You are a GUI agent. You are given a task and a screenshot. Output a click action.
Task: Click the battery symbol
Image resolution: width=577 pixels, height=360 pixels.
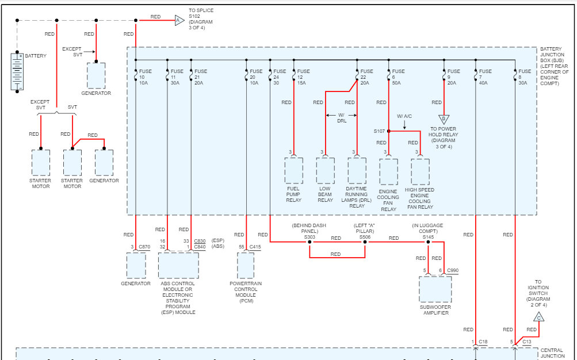coord(17,72)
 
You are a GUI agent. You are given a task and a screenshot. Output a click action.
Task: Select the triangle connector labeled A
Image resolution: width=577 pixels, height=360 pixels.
coord(178,21)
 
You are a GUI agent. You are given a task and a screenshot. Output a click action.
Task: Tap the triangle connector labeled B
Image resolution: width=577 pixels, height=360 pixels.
coord(444,120)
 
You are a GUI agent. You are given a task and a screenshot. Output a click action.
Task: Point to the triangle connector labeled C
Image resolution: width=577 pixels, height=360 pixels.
coord(539,317)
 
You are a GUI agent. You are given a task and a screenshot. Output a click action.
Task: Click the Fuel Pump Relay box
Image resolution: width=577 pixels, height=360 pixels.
coord(293,170)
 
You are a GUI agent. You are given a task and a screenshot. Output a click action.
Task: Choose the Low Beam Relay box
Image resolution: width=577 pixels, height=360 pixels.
coord(325,170)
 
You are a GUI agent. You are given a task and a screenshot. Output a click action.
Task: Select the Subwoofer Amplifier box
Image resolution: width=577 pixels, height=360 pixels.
coord(435,289)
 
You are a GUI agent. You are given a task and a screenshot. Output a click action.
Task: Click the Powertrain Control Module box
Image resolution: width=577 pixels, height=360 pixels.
coord(246,266)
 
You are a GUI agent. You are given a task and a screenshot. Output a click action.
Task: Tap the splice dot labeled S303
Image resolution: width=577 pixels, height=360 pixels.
coord(309,242)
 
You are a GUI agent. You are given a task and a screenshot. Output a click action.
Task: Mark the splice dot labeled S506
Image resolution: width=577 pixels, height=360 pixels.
coord(365,242)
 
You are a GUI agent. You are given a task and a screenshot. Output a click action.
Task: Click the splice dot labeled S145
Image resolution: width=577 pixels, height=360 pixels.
coord(428,242)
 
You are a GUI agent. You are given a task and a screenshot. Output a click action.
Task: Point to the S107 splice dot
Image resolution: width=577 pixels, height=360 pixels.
coord(388,131)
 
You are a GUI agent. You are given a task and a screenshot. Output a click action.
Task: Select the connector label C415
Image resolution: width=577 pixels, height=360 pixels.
coord(255,247)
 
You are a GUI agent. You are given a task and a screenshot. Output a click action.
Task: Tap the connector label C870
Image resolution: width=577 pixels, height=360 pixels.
coord(144,247)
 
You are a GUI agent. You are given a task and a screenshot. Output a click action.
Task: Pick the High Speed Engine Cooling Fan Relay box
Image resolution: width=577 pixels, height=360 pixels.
coord(420,171)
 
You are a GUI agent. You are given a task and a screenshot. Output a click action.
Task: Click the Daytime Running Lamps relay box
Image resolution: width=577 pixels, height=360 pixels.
coord(357,170)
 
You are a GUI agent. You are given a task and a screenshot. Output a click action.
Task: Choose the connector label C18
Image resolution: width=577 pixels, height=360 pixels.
coord(483,342)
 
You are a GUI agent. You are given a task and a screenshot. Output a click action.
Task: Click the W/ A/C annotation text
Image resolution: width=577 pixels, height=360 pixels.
coord(404,116)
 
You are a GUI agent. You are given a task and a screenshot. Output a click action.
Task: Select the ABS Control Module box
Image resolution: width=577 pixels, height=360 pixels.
coord(178,266)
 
